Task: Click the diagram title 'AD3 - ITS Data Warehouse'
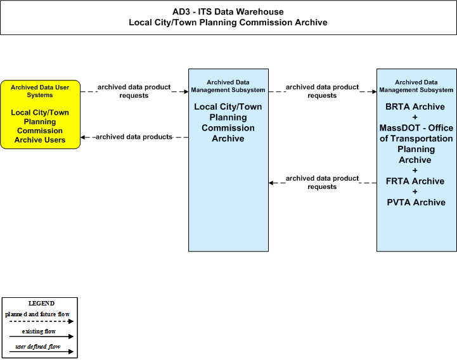pos(228,11)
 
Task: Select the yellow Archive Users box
pos(40,115)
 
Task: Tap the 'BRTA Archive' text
pos(415,106)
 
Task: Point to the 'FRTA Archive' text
pos(415,181)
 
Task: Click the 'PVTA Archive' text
pos(416,202)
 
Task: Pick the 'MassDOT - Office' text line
pos(416,128)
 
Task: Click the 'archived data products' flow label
pos(134,137)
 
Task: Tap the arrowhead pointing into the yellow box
pos(83,137)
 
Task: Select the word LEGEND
pos(41,304)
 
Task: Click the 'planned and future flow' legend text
pos(37,314)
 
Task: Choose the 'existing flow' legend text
pos(39,331)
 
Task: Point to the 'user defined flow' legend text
pos(37,347)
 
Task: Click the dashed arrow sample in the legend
pos(41,321)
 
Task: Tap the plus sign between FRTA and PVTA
pos(415,192)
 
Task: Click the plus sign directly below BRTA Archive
pos(415,117)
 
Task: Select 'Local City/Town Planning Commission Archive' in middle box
pos(228,123)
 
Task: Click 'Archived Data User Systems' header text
pos(40,91)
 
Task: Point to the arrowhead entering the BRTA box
pos(374,92)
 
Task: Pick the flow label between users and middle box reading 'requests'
pos(134,96)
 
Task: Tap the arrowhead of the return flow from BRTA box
pos(271,183)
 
